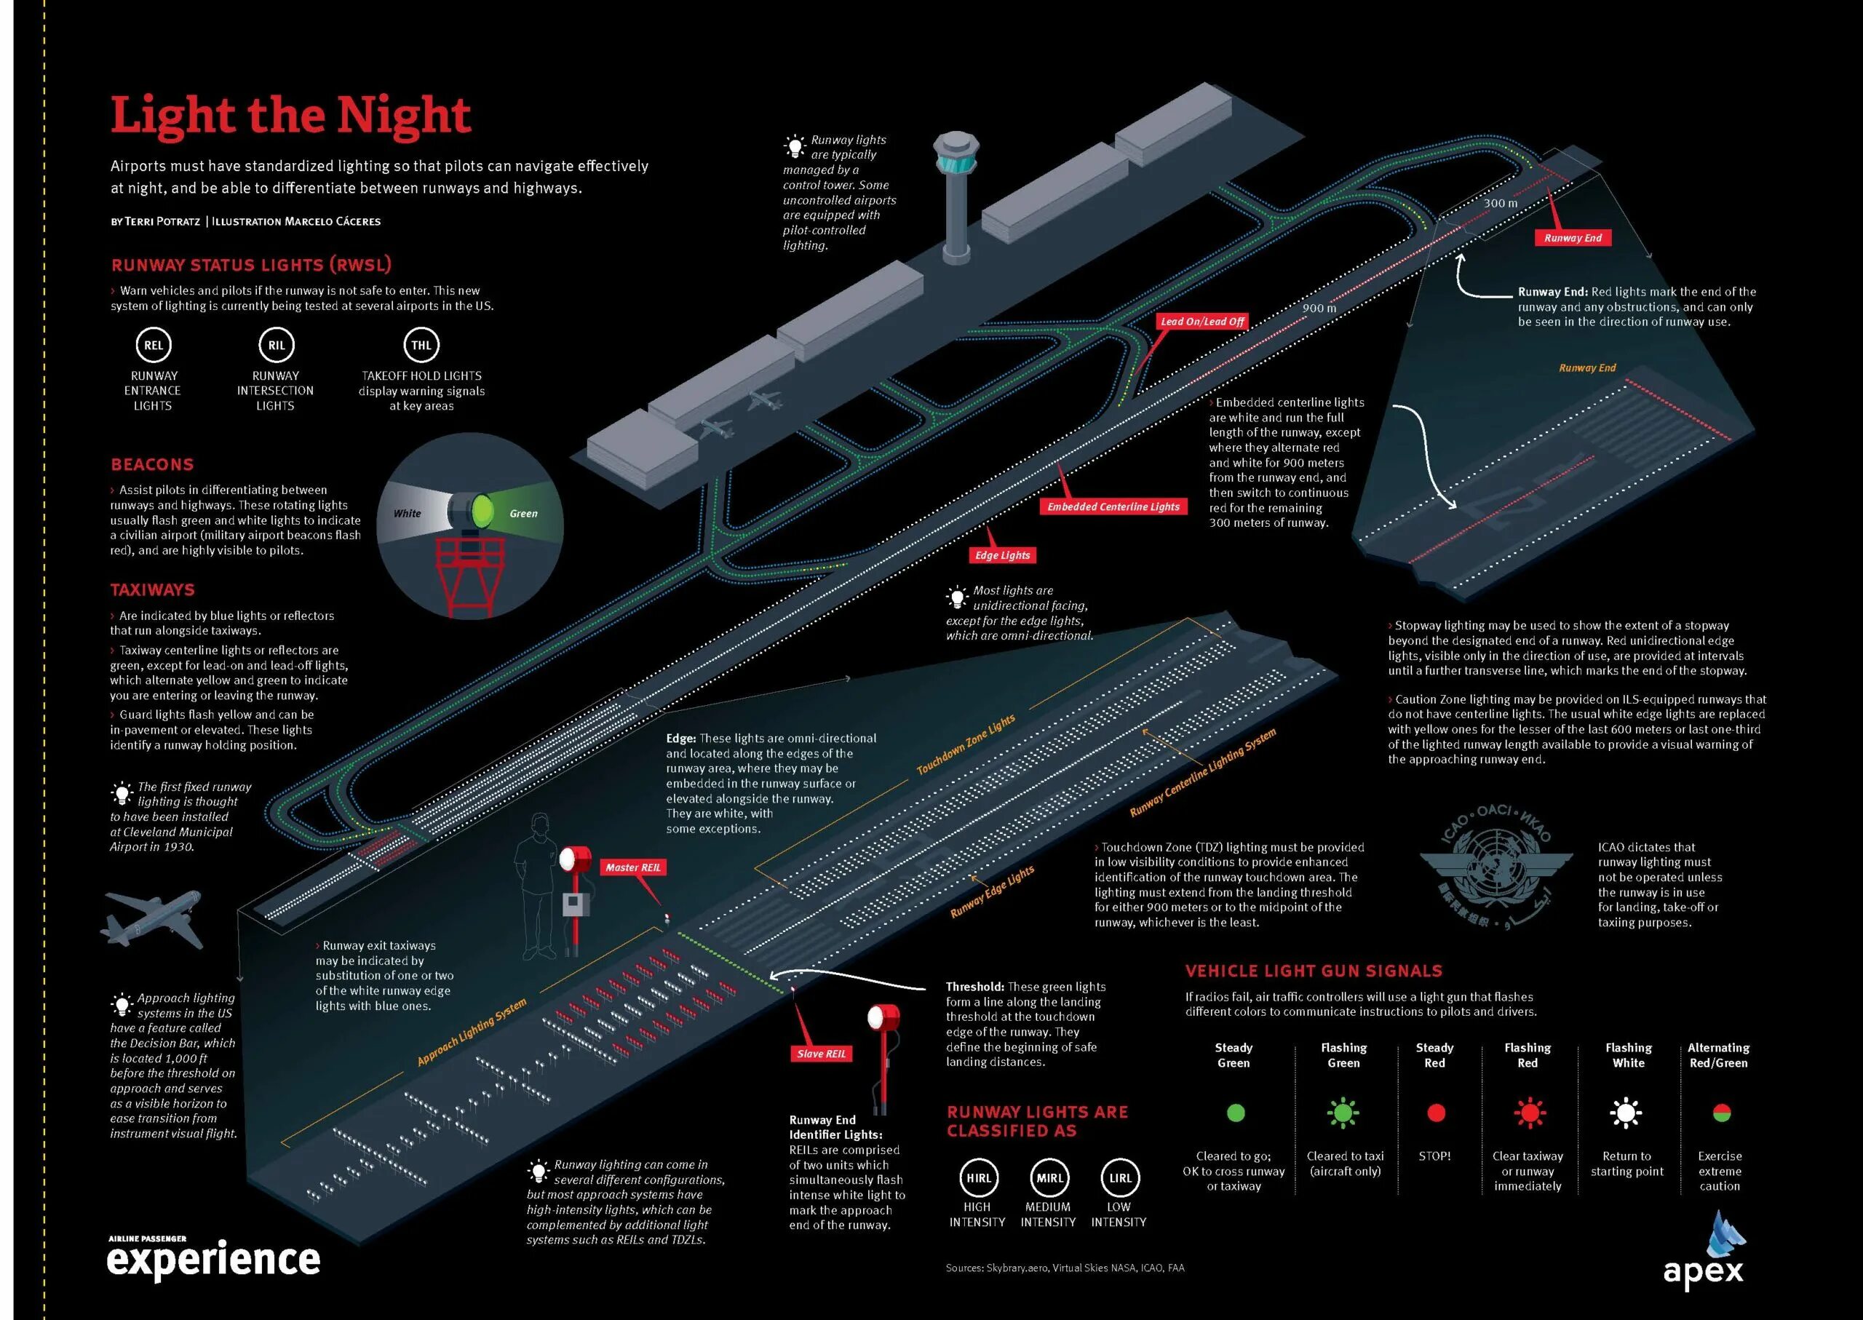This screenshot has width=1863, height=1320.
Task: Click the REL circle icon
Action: (154, 346)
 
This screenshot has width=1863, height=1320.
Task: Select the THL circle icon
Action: (421, 346)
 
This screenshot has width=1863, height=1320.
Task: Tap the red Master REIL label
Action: (633, 867)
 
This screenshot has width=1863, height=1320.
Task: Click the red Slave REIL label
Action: (821, 1054)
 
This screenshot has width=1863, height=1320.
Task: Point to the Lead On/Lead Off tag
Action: (1202, 321)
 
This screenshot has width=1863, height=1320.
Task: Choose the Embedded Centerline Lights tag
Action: (1113, 506)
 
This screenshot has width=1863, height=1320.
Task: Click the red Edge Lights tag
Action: (1002, 555)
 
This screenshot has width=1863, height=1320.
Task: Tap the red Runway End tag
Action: (1573, 237)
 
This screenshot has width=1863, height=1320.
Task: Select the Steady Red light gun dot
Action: (1435, 1113)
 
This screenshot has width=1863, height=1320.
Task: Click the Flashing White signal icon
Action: (1626, 1113)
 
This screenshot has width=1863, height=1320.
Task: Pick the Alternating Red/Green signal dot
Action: (1721, 1113)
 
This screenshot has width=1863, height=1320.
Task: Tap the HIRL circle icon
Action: (978, 1178)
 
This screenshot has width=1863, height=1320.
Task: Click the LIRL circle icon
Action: (1120, 1178)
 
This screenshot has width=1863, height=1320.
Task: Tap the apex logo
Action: (1704, 1252)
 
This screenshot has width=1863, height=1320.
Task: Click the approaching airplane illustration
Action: (153, 918)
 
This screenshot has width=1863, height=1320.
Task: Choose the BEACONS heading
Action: (153, 464)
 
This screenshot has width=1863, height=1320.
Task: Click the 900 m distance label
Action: (1319, 308)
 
